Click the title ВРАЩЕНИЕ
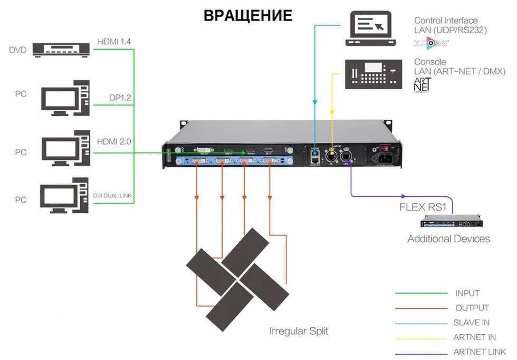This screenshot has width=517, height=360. (247, 15)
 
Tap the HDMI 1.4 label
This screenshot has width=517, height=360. (114, 41)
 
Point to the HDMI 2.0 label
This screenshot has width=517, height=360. (114, 141)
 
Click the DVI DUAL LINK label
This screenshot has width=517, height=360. (113, 196)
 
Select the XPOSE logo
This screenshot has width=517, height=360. (428, 42)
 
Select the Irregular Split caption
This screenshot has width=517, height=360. (299, 331)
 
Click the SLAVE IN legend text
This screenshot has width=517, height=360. (471, 323)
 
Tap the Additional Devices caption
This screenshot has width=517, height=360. (448, 239)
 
